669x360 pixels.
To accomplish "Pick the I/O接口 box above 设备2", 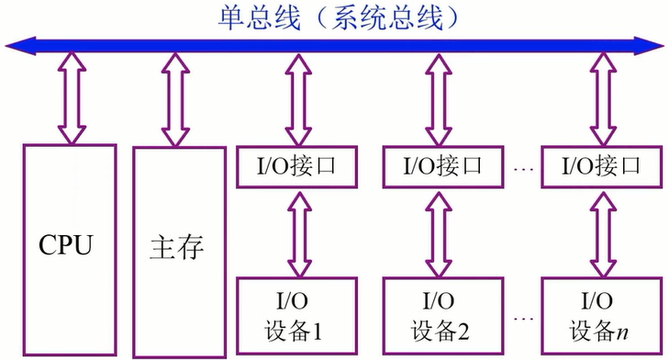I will pyautogui.click(x=443, y=167).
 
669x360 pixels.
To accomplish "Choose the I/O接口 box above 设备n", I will pyautogui.click(x=601, y=167).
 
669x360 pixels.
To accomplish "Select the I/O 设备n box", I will pyautogui.click(x=601, y=315).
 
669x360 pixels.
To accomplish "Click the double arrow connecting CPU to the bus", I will pyautogui.click(x=70, y=96).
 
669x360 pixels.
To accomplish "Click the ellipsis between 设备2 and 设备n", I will pyautogui.click(x=524, y=320).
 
